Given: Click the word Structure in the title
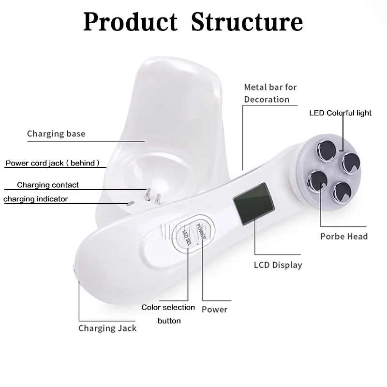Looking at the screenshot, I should (x=247, y=22).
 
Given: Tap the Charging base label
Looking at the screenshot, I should (x=56, y=134).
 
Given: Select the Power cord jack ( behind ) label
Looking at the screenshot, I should (x=52, y=164).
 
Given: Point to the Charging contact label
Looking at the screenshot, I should (x=48, y=185).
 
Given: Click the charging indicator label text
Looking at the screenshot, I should (x=36, y=199).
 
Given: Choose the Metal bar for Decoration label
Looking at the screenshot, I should (x=270, y=93).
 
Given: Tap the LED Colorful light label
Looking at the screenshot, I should (x=341, y=113).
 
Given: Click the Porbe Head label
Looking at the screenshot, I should (x=344, y=237).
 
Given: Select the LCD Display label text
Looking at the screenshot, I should (x=278, y=265).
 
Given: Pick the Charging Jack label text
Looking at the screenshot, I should (x=107, y=328).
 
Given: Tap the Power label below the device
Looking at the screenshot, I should (x=214, y=309).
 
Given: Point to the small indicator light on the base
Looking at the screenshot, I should (x=129, y=203).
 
